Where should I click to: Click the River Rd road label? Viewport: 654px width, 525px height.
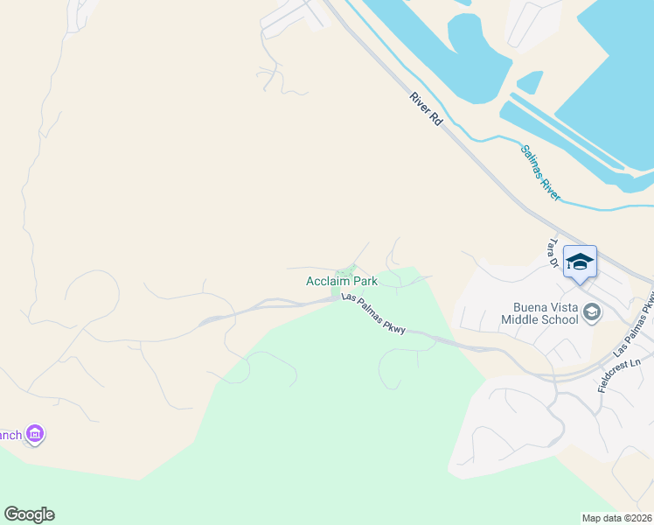tap(427, 110)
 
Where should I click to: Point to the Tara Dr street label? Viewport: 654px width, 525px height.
tap(552, 252)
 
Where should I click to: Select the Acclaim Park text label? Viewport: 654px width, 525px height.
tap(341, 281)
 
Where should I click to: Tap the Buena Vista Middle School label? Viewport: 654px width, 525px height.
tap(539, 312)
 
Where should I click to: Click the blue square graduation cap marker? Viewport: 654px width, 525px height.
tap(580, 262)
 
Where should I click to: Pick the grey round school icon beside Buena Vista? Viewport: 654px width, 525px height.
tap(592, 312)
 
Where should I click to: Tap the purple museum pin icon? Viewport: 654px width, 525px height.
tap(35, 434)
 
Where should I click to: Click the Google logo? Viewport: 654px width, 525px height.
tap(29, 514)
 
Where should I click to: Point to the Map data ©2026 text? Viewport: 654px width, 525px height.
tap(617, 518)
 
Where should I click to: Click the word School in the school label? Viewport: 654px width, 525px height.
tap(559, 319)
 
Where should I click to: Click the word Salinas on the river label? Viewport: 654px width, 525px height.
tap(532, 162)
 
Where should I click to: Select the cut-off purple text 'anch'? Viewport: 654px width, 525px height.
tap(10, 435)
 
